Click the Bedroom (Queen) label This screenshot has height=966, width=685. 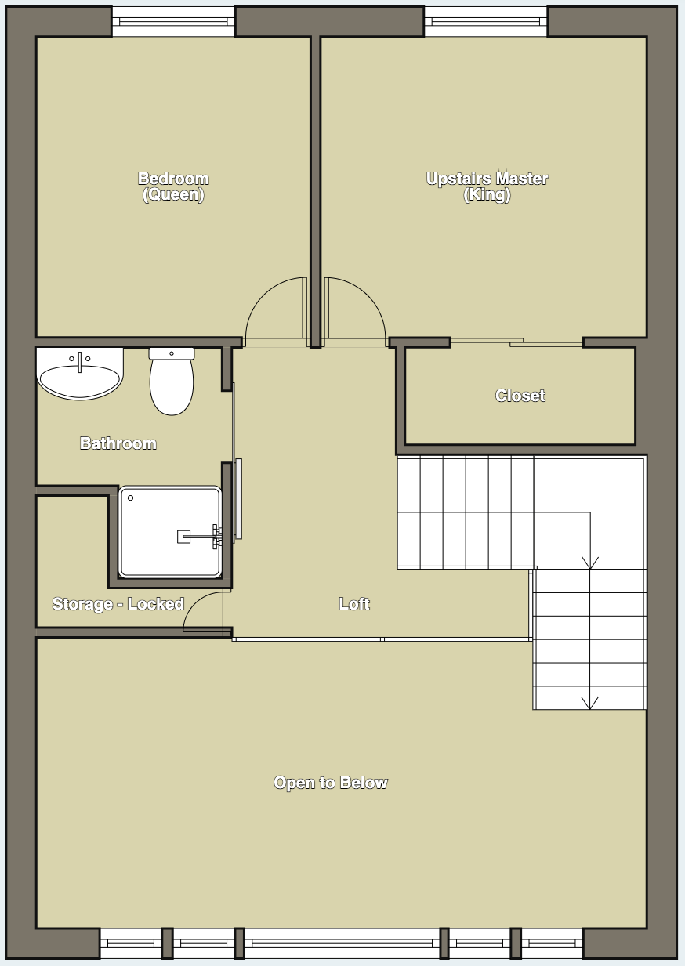[173, 186]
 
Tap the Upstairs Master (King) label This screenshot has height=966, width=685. [487, 186]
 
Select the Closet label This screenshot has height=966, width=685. [520, 396]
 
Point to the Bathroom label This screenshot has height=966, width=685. [118, 443]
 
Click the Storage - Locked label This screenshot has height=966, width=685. [118, 604]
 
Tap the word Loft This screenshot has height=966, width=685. [354, 604]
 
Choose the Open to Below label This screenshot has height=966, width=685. [331, 783]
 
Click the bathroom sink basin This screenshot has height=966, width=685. [80, 382]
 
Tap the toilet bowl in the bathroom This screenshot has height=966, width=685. [172, 388]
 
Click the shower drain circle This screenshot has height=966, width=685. [131, 498]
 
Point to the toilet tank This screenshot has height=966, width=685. [172, 353]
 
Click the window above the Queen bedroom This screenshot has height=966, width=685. [173, 21]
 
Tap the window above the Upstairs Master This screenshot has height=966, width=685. [486, 21]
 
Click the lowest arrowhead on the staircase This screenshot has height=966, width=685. [589, 702]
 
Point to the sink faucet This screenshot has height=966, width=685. [79, 361]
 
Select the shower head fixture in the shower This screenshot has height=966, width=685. [183, 537]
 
